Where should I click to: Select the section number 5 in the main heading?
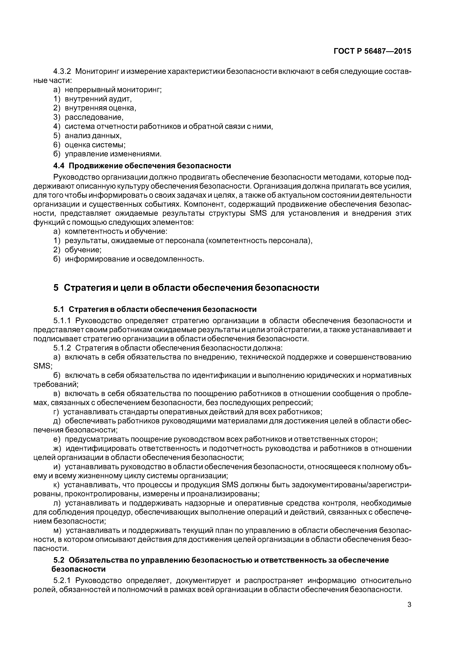pyautogui.click(x=56, y=288)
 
